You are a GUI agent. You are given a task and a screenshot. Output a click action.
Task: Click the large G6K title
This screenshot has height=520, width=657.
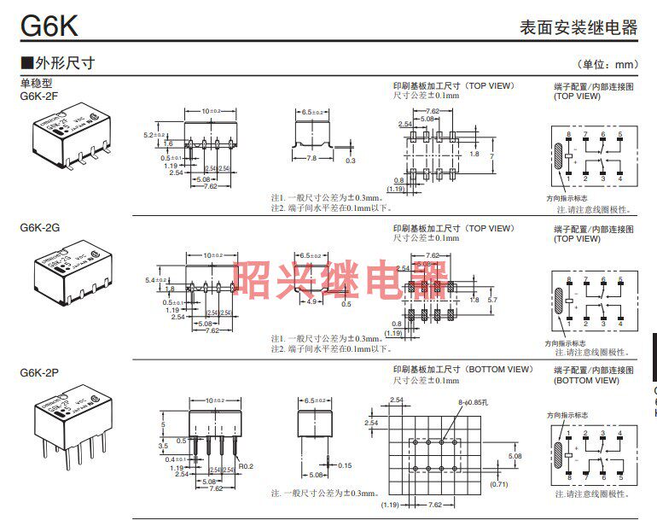(49, 25)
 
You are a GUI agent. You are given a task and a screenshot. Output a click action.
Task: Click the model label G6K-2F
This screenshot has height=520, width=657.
(38, 96)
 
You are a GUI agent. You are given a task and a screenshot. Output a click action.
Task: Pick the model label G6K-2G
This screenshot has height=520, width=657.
(38, 228)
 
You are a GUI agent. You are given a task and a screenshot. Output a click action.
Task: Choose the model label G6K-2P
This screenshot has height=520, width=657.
(38, 372)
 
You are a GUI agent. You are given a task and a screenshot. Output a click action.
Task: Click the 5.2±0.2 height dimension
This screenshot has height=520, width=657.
(154, 135)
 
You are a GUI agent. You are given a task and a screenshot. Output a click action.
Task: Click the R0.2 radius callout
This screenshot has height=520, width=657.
(246, 466)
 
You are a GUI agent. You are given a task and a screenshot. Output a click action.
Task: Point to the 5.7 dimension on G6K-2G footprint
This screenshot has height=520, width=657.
(491, 300)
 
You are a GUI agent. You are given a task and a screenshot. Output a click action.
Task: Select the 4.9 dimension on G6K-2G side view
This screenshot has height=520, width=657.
(312, 301)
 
